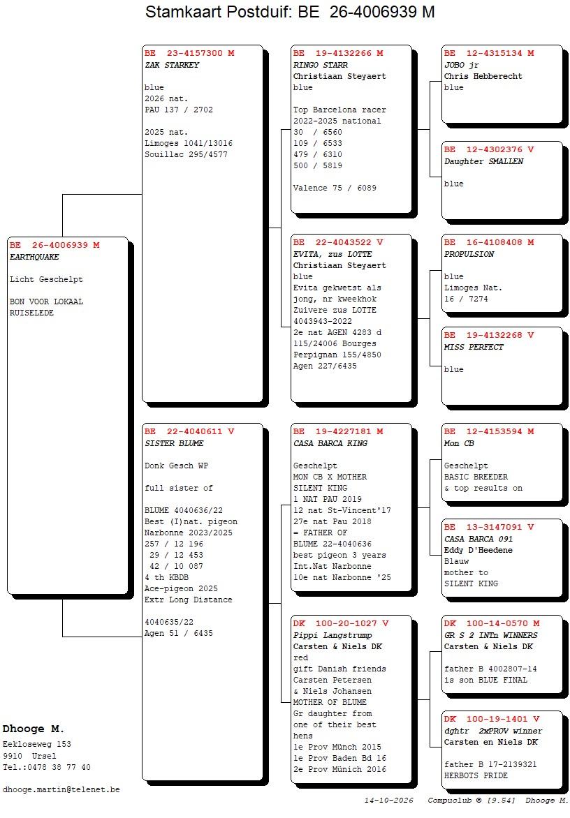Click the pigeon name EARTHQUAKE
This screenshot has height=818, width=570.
[34, 257]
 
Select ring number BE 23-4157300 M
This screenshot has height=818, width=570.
[189, 53]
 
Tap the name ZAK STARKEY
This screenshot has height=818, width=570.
[173, 65]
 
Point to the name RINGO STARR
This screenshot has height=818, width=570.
[321, 65]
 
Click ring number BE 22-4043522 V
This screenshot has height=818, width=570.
[337, 242]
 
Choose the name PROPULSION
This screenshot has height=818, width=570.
[469, 254]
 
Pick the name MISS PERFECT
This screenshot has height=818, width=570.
[474, 347]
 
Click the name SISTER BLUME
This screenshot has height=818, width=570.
[175, 443]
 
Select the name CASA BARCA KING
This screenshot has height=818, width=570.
[330, 443]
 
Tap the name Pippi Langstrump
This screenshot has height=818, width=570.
[332, 635]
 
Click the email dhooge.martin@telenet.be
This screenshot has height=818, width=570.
[61, 790]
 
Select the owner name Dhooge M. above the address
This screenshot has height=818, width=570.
[33, 729]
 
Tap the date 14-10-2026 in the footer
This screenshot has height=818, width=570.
[388, 801]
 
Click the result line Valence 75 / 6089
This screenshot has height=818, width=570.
[335, 188]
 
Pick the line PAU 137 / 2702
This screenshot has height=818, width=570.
[179, 110]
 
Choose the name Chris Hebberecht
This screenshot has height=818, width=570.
[483, 76]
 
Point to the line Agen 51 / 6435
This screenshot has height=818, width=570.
[179, 633]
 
